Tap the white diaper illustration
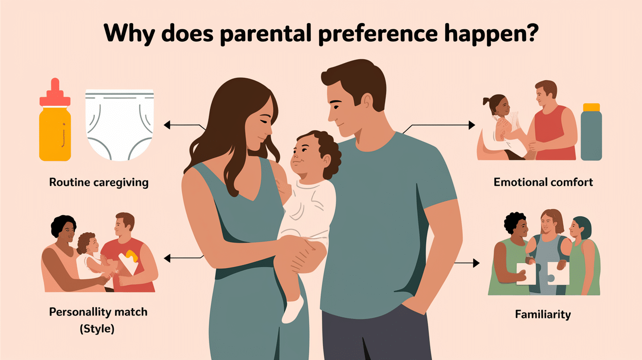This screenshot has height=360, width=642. (x=120, y=125)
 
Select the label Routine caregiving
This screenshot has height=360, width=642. (x=99, y=183)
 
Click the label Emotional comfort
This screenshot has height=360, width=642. (x=543, y=182)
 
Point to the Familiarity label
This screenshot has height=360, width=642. (x=543, y=314)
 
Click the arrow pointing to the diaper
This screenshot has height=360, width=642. (x=169, y=126)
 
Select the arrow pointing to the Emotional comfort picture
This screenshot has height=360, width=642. (x=471, y=125)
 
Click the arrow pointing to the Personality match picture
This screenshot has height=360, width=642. (x=169, y=257)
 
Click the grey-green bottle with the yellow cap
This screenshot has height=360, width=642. (x=591, y=132)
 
